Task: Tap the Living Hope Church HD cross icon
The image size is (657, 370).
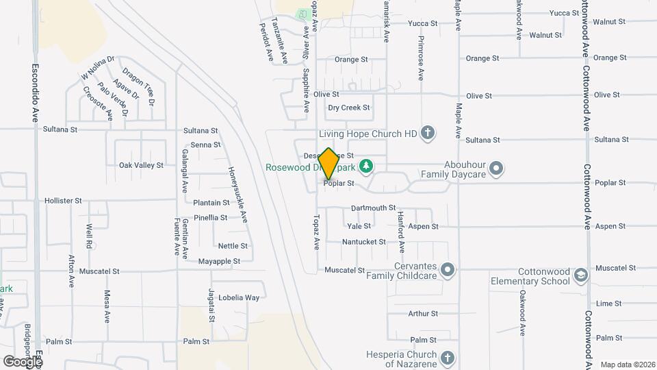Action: (428, 132)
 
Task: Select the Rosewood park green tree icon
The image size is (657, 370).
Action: (367, 166)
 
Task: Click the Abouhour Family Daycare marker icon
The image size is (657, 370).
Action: (498, 167)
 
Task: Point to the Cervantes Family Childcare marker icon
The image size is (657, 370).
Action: (447, 269)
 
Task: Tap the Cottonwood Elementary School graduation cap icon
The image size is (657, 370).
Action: (580, 275)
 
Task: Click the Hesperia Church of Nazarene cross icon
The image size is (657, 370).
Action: (447, 358)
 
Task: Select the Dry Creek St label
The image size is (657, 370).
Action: (349, 108)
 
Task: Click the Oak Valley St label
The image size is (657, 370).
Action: (141, 165)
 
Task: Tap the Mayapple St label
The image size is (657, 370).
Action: (219, 261)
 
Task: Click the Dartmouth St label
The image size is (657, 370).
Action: (373, 208)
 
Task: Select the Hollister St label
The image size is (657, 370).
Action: (63, 201)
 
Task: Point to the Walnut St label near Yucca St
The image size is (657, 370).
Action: (545, 34)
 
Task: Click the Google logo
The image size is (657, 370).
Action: (22, 360)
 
